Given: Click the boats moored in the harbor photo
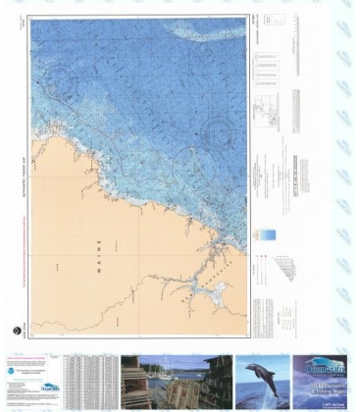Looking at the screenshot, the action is click(x=181, y=374).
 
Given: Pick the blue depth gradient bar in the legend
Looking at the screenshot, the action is click(x=266, y=234).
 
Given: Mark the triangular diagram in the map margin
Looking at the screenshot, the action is click(x=283, y=266).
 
